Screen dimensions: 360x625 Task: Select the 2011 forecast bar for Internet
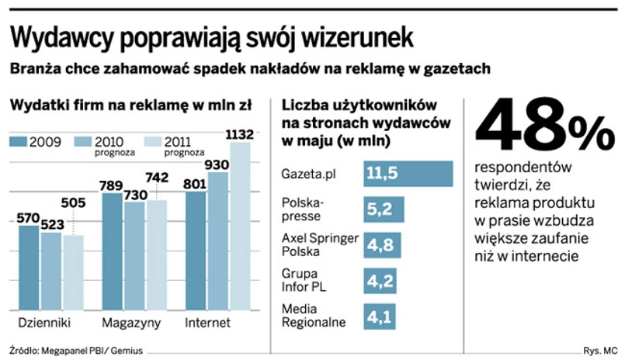point(240,225)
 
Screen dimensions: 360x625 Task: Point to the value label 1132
point(238,135)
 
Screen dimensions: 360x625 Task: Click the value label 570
point(30,218)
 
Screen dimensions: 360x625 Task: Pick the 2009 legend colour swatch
point(18,141)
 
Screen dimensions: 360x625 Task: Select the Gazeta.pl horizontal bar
point(408,174)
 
